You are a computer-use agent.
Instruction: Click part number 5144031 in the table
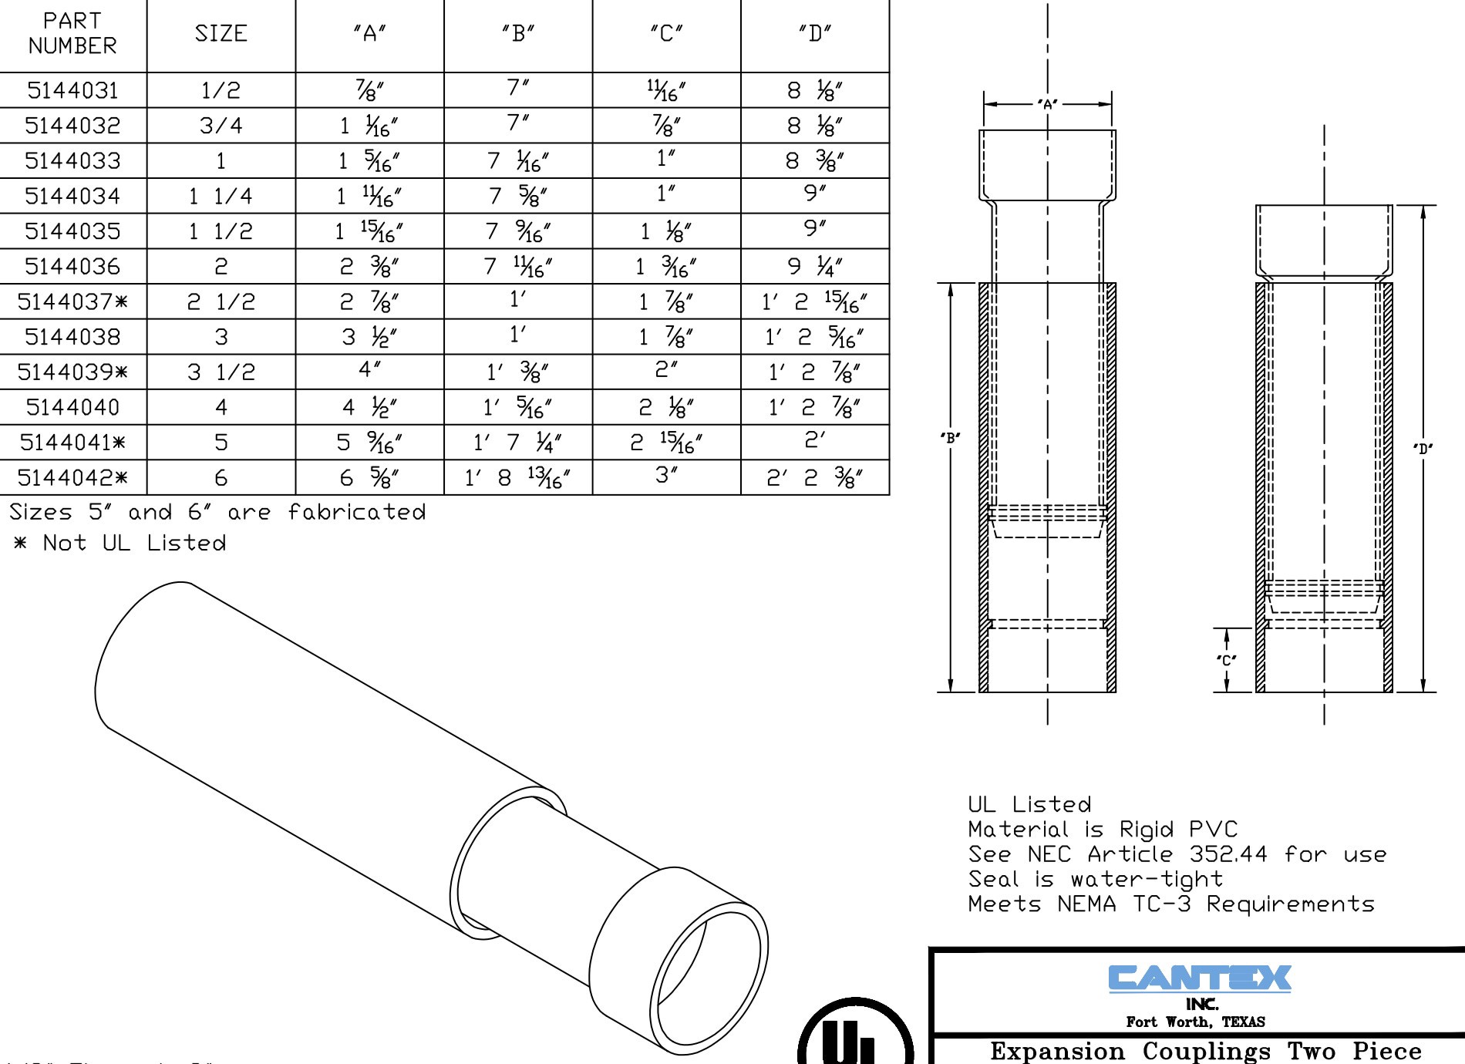[x=72, y=91]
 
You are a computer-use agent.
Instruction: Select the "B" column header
[x=518, y=34]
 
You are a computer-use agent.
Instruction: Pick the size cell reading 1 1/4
[x=221, y=197]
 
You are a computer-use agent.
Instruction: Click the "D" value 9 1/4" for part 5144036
[x=814, y=267]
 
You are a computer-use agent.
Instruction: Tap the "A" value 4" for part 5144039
[x=369, y=370]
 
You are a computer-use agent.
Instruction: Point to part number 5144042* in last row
[x=72, y=478]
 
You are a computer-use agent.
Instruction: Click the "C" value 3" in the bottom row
[x=666, y=476]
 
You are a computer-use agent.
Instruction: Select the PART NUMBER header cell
[x=72, y=34]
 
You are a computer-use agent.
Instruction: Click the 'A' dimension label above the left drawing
[x=1047, y=104]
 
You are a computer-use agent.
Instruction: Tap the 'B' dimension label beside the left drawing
[x=951, y=438]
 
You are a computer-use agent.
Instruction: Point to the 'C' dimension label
[x=1226, y=660]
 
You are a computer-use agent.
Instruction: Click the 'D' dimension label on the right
[x=1423, y=449]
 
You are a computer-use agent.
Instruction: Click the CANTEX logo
[x=1200, y=978]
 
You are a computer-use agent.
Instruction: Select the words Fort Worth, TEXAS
[x=1195, y=1022]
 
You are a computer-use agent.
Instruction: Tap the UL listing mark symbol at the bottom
[x=856, y=1037]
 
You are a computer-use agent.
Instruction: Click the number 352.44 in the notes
[x=1228, y=854]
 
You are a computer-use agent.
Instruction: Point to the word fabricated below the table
[x=356, y=513]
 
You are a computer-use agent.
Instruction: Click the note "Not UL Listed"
[x=133, y=544]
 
